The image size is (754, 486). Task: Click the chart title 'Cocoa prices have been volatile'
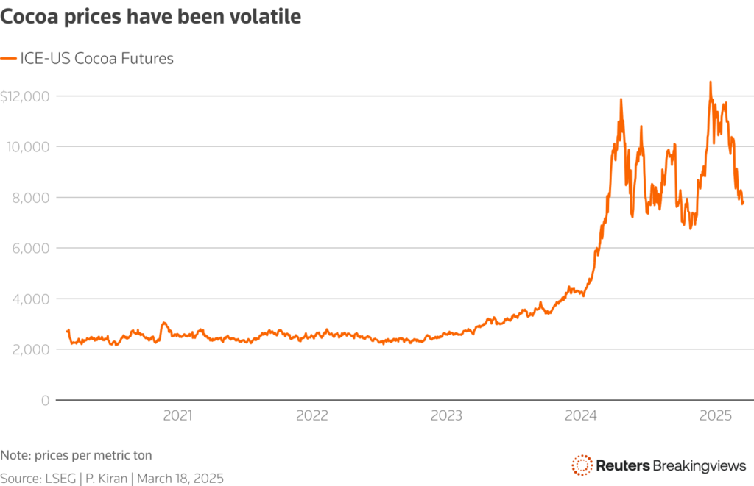pyautogui.click(x=151, y=18)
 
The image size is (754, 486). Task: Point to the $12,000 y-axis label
pyautogui.click(x=25, y=96)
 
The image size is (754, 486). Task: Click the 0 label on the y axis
pyautogui.click(x=45, y=401)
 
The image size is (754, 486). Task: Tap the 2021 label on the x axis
pyautogui.click(x=177, y=415)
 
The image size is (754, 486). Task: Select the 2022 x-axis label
pyautogui.click(x=311, y=415)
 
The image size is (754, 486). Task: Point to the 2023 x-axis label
pyautogui.click(x=446, y=415)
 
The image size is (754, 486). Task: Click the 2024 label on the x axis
pyautogui.click(x=581, y=415)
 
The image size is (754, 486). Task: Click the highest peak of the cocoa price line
pyautogui.click(x=710, y=82)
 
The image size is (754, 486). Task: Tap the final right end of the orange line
pyautogui.click(x=743, y=202)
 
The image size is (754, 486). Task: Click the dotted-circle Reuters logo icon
pyautogui.click(x=582, y=465)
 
